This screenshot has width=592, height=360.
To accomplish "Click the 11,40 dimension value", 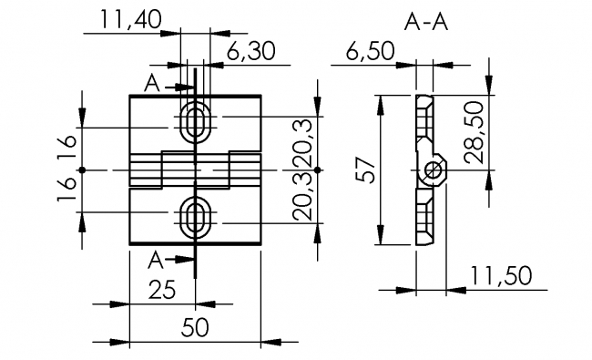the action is coord(130,20).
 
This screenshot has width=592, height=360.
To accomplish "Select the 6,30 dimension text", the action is coord(251,51).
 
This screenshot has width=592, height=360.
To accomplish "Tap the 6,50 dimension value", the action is coord(370,51).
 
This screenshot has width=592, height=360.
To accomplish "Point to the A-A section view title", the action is coord(426,22).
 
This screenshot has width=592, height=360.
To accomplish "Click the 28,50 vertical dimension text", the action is coord(475,132).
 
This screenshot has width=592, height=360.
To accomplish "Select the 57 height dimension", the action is coord(366,170).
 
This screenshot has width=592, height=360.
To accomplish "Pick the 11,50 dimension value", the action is coord(501,276).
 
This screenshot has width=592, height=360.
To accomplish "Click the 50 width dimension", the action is coord(195,327).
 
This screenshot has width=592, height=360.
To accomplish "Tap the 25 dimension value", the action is coord(162,290).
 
